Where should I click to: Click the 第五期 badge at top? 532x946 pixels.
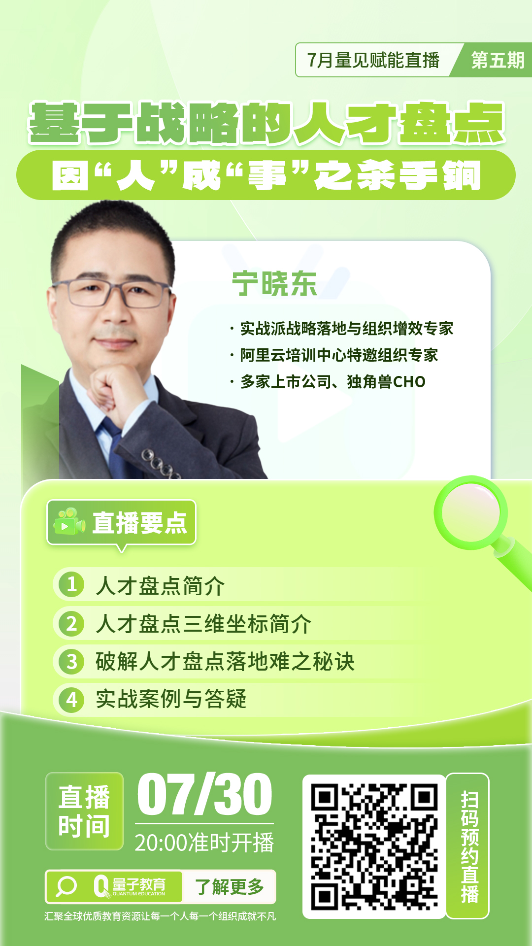(x=497, y=60)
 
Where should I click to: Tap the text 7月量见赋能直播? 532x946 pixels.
(x=373, y=60)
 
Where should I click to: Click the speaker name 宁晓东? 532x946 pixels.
(x=274, y=284)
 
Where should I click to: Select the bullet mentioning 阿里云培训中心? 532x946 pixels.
(x=338, y=355)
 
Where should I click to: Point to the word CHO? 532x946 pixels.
(x=409, y=382)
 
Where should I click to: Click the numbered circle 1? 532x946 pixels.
(x=71, y=584)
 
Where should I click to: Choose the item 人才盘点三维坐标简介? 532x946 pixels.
(x=203, y=624)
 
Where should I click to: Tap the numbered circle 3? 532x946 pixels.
(x=72, y=661)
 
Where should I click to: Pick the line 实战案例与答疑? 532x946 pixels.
(x=170, y=699)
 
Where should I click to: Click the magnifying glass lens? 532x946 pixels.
(x=470, y=512)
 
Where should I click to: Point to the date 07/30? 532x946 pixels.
(x=204, y=794)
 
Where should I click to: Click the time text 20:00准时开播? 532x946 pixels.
(x=204, y=843)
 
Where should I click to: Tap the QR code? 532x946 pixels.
(x=374, y=846)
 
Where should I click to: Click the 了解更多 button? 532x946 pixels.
(x=229, y=887)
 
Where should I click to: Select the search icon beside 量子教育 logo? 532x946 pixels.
(x=66, y=887)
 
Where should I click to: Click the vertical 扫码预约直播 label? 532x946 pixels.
(x=468, y=846)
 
